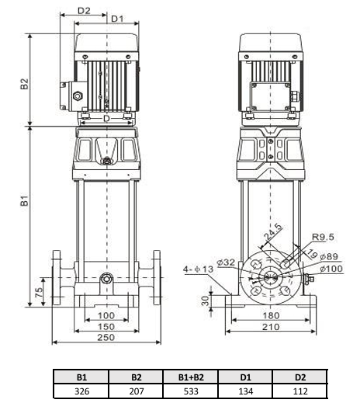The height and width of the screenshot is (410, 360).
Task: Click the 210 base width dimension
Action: (270, 327)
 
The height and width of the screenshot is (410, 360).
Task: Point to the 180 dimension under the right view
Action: (270, 315)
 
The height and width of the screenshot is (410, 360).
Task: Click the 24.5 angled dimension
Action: (273, 233)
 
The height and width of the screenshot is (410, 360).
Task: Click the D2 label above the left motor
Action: (84, 12)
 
